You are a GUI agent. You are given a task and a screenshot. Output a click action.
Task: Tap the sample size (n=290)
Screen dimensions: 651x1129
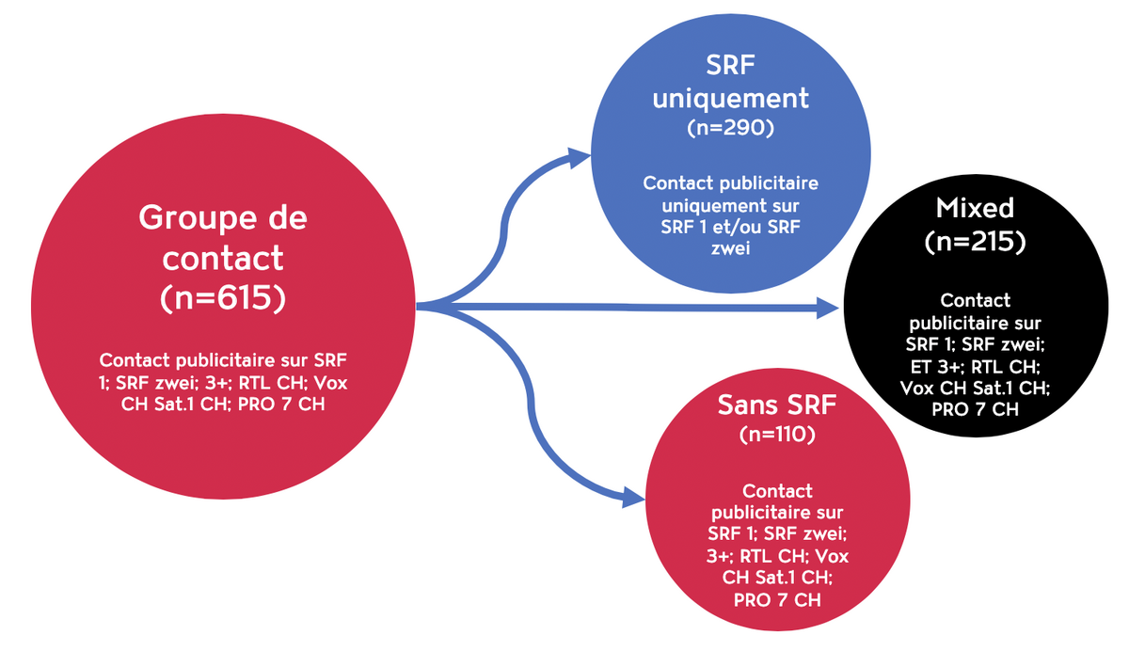730,129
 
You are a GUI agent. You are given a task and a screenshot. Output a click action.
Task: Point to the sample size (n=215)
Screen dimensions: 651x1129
975,241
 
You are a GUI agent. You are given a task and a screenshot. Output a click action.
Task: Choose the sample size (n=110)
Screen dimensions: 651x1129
776,436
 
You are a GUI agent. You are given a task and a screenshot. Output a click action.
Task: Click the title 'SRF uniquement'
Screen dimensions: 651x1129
730,81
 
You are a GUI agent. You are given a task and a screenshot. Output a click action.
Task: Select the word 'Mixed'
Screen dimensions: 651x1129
976,207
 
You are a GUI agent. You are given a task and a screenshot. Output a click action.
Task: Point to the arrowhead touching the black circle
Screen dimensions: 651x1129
827,308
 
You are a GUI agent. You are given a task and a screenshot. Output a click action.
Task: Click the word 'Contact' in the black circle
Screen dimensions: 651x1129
975,301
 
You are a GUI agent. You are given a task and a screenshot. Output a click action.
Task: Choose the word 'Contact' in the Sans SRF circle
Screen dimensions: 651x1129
777,491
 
